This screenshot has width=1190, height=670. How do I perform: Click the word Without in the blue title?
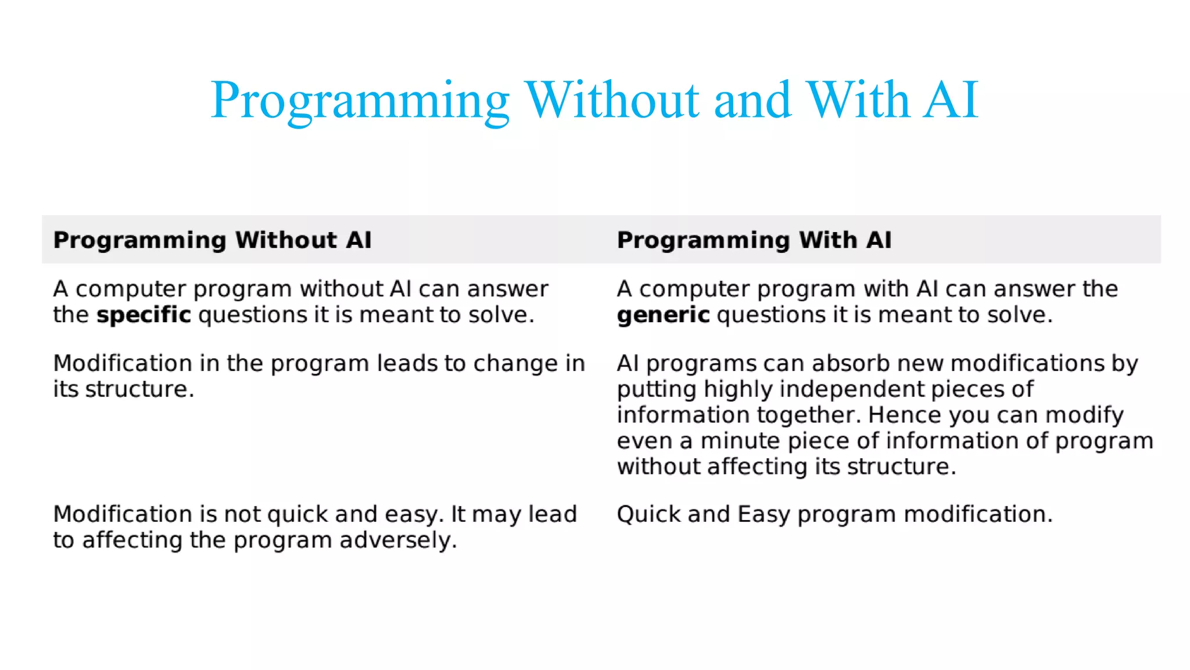pyautogui.click(x=612, y=100)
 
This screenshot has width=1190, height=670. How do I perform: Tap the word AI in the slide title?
pyautogui.click(x=951, y=100)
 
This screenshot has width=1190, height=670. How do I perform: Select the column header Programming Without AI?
pyautogui.click(x=212, y=240)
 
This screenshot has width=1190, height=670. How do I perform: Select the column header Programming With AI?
pyautogui.click(x=754, y=240)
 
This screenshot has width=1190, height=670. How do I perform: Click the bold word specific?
pyautogui.click(x=144, y=315)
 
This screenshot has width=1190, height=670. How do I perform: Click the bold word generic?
pyautogui.click(x=663, y=315)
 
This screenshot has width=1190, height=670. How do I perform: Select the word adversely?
pyautogui.click(x=398, y=540)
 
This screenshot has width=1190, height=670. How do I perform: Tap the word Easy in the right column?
pyautogui.click(x=764, y=515)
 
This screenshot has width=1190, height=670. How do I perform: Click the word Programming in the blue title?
pyautogui.click(x=360, y=100)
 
